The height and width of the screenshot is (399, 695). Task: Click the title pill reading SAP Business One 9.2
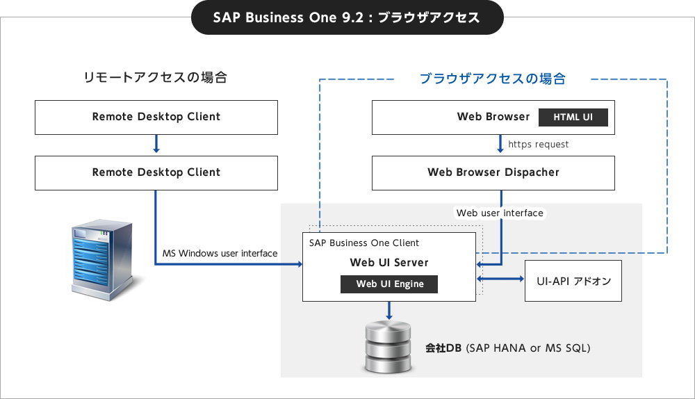pos(347,17)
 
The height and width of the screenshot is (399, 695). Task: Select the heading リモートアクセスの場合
pos(155,77)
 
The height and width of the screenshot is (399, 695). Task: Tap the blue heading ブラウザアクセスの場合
pos(493,79)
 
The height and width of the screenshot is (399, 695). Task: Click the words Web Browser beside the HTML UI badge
pos(493,117)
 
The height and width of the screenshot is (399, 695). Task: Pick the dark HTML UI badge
pos(573,117)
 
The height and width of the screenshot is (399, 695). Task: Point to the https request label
pos(538,144)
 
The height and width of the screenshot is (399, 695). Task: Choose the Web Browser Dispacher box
pos(493,173)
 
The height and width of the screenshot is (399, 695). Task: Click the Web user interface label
pos(500,213)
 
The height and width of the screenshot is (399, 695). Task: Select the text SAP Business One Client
pos(364,243)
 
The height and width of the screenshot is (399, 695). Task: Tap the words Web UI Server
pos(389,263)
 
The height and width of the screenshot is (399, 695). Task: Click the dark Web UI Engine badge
pos(389,284)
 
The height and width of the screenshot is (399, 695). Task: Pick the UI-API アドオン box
pos(573,281)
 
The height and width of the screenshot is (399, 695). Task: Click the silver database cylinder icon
pos(389,347)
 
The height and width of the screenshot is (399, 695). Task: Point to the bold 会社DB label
pos(443,348)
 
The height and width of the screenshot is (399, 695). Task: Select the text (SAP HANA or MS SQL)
pos(528,348)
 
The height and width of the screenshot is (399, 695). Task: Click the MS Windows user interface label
pos(220,253)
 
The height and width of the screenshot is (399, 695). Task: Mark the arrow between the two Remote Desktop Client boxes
pos(156,144)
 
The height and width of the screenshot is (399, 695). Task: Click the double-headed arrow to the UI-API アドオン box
pos(500,279)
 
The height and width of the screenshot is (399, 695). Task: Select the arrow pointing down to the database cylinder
pos(389,310)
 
